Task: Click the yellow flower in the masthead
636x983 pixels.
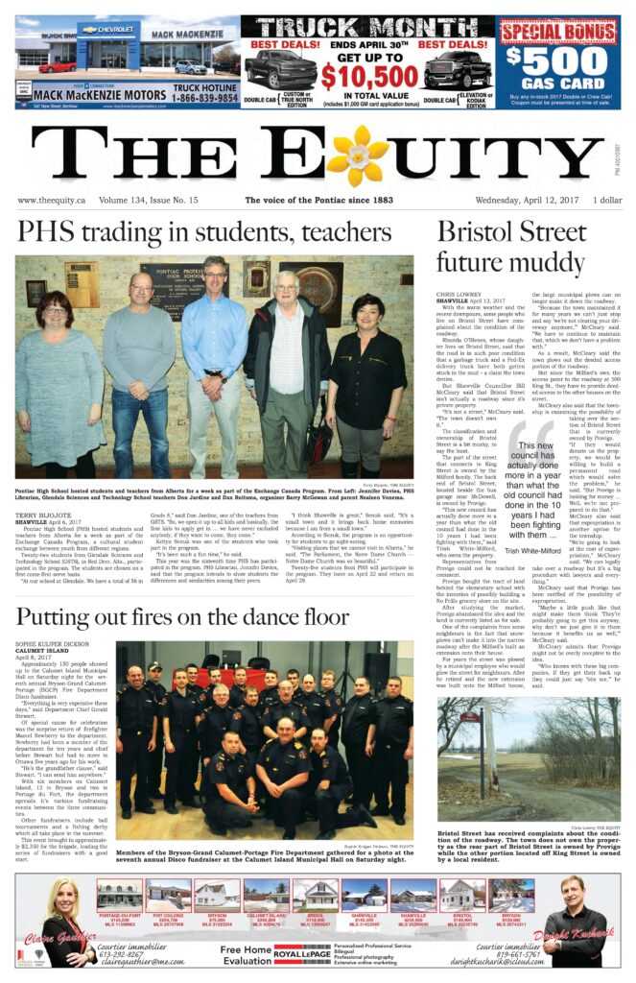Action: pos(357,156)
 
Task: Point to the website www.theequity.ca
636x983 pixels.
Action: pos(51,201)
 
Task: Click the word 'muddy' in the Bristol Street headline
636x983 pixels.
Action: pos(540,261)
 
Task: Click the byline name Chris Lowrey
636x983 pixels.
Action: pos(459,295)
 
